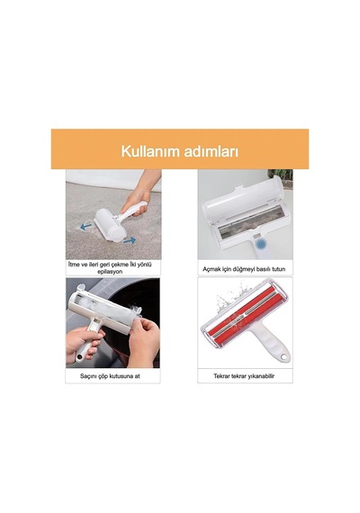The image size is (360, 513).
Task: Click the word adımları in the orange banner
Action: pyautogui.click(x=211, y=151)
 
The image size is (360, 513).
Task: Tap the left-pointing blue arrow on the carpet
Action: pyautogui.click(x=86, y=226)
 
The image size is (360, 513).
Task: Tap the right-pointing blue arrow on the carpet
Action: pyautogui.click(x=130, y=240)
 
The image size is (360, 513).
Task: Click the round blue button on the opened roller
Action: pyautogui.click(x=260, y=243)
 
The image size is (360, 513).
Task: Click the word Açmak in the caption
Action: pyautogui.click(x=211, y=269)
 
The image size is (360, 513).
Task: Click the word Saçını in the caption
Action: pyautogui.click(x=88, y=376)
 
